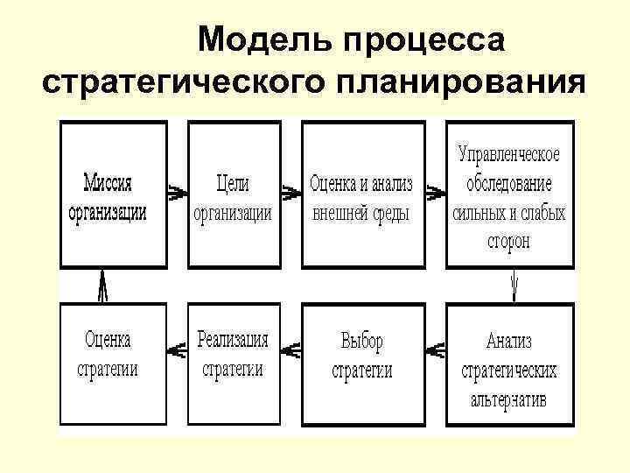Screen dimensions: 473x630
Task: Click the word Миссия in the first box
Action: click(108, 185)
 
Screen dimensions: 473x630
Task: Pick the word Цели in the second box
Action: click(232, 185)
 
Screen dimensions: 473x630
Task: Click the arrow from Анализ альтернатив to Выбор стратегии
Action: click(431, 350)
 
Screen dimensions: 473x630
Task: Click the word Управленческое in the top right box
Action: click(509, 154)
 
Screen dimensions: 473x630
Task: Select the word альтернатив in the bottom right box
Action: click(509, 401)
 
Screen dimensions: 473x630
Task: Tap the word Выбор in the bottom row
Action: click(361, 341)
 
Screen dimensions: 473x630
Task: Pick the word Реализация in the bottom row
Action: click(233, 340)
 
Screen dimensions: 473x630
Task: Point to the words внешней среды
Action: click(360, 214)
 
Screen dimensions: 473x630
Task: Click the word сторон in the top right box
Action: click(509, 241)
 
